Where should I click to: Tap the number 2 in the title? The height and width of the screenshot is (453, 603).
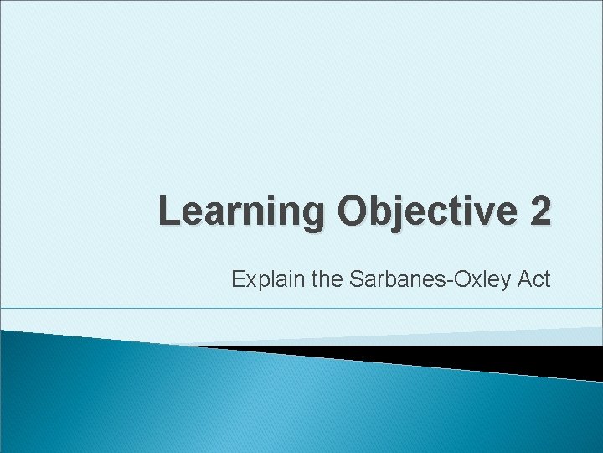[x=540, y=211]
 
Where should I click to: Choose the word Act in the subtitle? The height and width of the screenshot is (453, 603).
[x=533, y=279]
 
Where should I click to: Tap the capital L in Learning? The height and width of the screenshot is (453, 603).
[x=169, y=211]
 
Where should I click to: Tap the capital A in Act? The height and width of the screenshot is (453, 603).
[x=523, y=279]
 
